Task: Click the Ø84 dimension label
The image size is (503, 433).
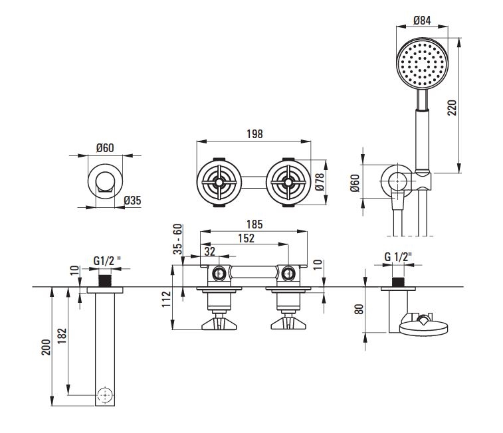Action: tap(422, 21)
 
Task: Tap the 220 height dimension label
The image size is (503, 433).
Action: tap(452, 108)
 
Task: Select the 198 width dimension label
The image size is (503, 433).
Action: tap(254, 134)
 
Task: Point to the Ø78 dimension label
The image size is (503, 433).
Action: tap(320, 182)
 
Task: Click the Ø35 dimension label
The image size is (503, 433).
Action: tap(132, 201)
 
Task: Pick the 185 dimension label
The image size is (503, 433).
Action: tap(254, 224)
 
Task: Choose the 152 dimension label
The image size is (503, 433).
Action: tap(246, 238)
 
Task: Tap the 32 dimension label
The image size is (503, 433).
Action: tap(209, 251)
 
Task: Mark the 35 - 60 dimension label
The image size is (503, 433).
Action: tap(177, 239)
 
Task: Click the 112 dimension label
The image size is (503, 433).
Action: tap(166, 299)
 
